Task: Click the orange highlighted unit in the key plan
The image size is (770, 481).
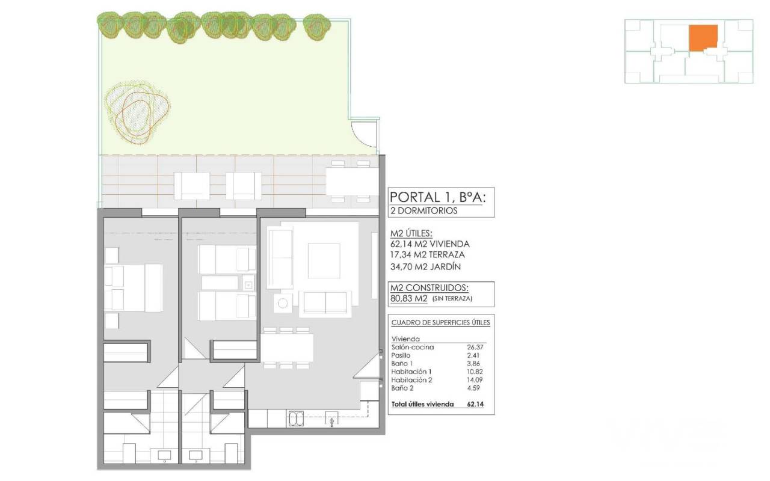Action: click(x=703, y=38)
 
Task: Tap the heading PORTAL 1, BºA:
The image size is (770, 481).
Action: click(x=438, y=198)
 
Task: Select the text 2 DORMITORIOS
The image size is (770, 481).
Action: click(x=424, y=210)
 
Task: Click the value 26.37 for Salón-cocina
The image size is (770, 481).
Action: click(x=475, y=347)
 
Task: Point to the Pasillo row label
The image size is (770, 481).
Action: click(x=401, y=355)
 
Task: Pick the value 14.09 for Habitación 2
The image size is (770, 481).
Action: click(x=475, y=379)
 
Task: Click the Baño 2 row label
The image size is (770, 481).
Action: click(x=402, y=388)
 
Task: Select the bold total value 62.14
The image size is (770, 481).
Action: click(x=475, y=404)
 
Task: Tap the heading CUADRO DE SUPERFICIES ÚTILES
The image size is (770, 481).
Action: click(x=441, y=323)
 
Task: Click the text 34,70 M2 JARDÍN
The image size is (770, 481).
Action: click(x=425, y=266)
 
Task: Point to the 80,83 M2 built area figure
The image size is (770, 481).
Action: click(x=408, y=298)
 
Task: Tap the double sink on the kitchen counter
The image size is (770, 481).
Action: click(x=295, y=419)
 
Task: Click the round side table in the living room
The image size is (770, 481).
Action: click(x=283, y=303)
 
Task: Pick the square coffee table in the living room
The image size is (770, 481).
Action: click(x=324, y=260)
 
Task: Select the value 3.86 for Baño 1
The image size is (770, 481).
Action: click(x=473, y=363)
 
